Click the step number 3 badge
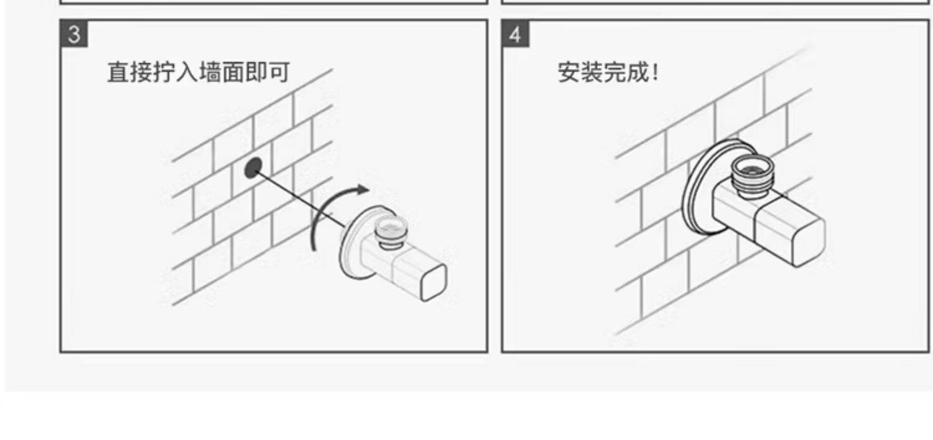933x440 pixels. click(74, 34)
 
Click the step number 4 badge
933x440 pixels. click(515, 34)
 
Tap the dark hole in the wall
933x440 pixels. click(253, 167)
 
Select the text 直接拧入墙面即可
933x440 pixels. click(198, 72)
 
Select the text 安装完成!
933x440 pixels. click(608, 72)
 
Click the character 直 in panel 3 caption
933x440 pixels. click(119, 72)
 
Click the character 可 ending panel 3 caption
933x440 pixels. click(278, 72)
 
